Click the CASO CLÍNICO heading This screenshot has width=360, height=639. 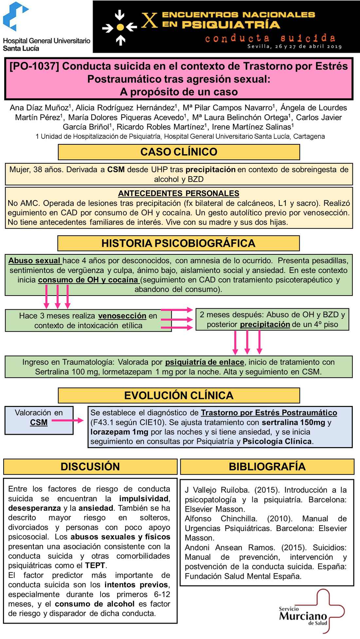click(x=179, y=152)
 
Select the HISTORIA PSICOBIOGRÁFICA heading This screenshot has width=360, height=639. click(x=178, y=243)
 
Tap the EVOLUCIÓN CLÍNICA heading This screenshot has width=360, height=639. click(x=179, y=395)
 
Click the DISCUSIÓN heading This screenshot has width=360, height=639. click(x=90, y=466)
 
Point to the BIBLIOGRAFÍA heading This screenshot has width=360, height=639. click(x=267, y=466)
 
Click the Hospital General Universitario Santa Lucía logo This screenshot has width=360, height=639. click(x=46, y=27)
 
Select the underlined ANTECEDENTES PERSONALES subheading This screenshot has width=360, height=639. click(x=179, y=193)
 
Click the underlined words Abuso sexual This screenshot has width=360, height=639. click(x=34, y=261)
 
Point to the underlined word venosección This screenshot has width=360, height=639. click(x=122, y=316)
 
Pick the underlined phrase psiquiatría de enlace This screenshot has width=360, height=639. click(x=205, y=362)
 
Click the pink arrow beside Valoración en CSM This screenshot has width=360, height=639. click(x=68, y=420)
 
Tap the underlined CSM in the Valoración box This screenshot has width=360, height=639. click(x=39, y=423)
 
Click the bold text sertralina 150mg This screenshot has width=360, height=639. click(x=293, y=422)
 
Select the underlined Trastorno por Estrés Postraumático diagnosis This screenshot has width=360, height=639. click(x=269, y=413)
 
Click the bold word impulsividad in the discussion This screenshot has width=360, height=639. click(x=144, y=499)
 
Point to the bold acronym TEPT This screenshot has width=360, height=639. click(x=95, y=565)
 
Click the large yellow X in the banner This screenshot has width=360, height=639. click(x=149, y=20)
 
